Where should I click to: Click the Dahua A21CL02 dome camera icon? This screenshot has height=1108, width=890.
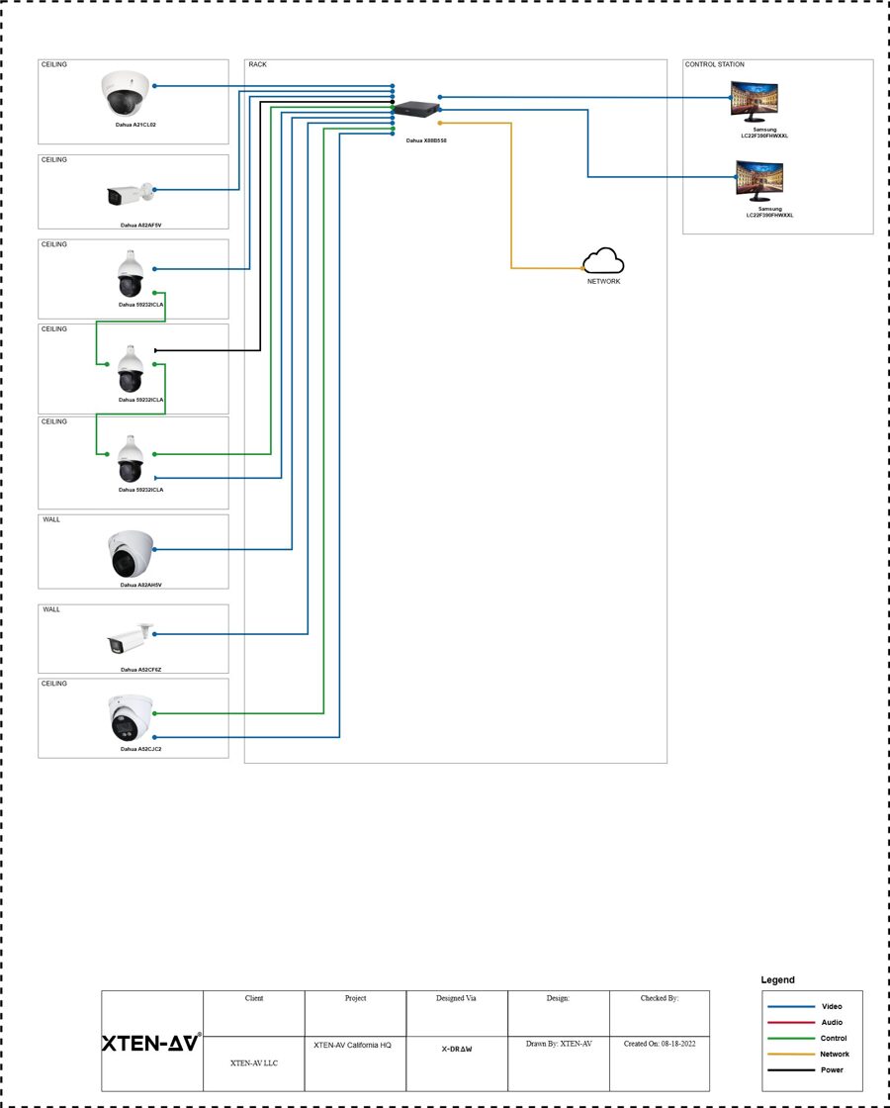point(124,94)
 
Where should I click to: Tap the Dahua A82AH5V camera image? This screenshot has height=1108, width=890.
point(132,554)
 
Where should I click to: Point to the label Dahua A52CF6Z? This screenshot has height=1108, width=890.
point(140,670)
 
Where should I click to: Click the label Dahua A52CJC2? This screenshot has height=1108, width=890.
point(140,750)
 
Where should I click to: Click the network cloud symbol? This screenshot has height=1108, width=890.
point(603,261)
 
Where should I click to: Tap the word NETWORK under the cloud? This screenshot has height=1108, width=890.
point(603,282)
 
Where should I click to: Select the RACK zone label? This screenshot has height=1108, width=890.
point(257,65)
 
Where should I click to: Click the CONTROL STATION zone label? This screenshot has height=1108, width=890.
point(714,65)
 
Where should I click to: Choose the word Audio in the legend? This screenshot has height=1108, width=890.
point(833,1023)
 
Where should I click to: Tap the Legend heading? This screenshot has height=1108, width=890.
point(777,980)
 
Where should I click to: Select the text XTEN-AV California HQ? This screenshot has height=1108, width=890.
point(353,1045)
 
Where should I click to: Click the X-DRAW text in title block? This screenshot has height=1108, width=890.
point(456,1049)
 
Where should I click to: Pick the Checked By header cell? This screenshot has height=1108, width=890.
point(659,999)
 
